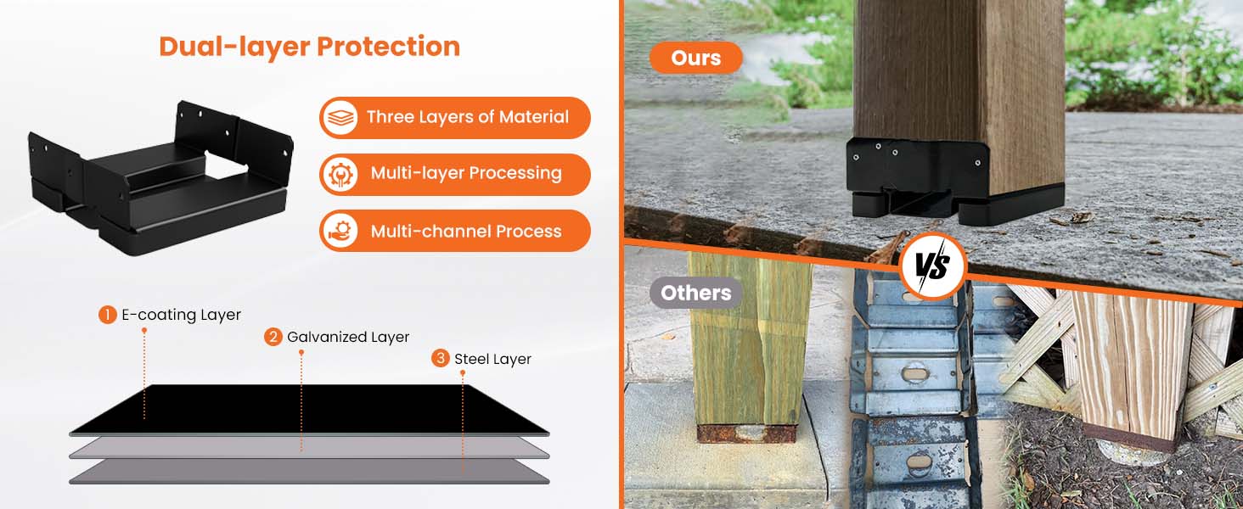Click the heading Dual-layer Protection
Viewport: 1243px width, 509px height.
pyautogui.click(x=309, y=47)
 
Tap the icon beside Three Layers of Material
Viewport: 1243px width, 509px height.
pyautogui.click(x=340, y=117)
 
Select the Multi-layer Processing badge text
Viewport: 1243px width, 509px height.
pyautogui.click(x=466, y=174)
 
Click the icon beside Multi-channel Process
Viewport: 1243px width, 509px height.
pyautogui.click(x=340, y=231)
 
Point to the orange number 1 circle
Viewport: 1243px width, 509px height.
pyautogui.click(x=107, y=315)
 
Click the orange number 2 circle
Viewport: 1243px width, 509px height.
pyautogui.click(x=273, y=337)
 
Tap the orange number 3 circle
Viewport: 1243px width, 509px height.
pyautogui.click(x=440, y=358)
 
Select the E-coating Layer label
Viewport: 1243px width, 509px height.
pyautogui.click(x=181, y=315)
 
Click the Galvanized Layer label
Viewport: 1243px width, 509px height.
pyautogui.click(x=348, y=337)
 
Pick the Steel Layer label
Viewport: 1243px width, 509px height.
pyautogui.click(x=492, y=359)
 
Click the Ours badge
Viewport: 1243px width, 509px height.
pyautogui.click(x=695, y=58)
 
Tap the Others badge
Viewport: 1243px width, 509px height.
pyautogui.click(x=695, y=293)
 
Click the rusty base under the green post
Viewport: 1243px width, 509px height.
pyautogui.click(x=746, y=433)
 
